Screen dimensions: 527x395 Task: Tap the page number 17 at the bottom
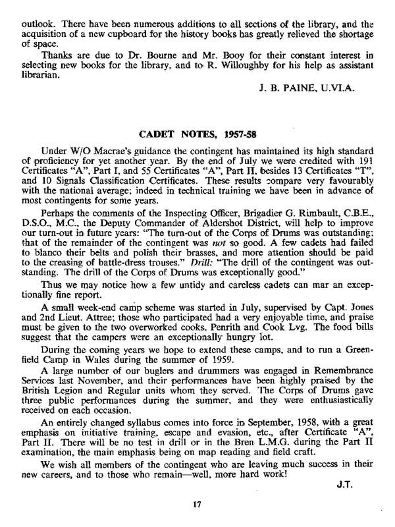[197, 505]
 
